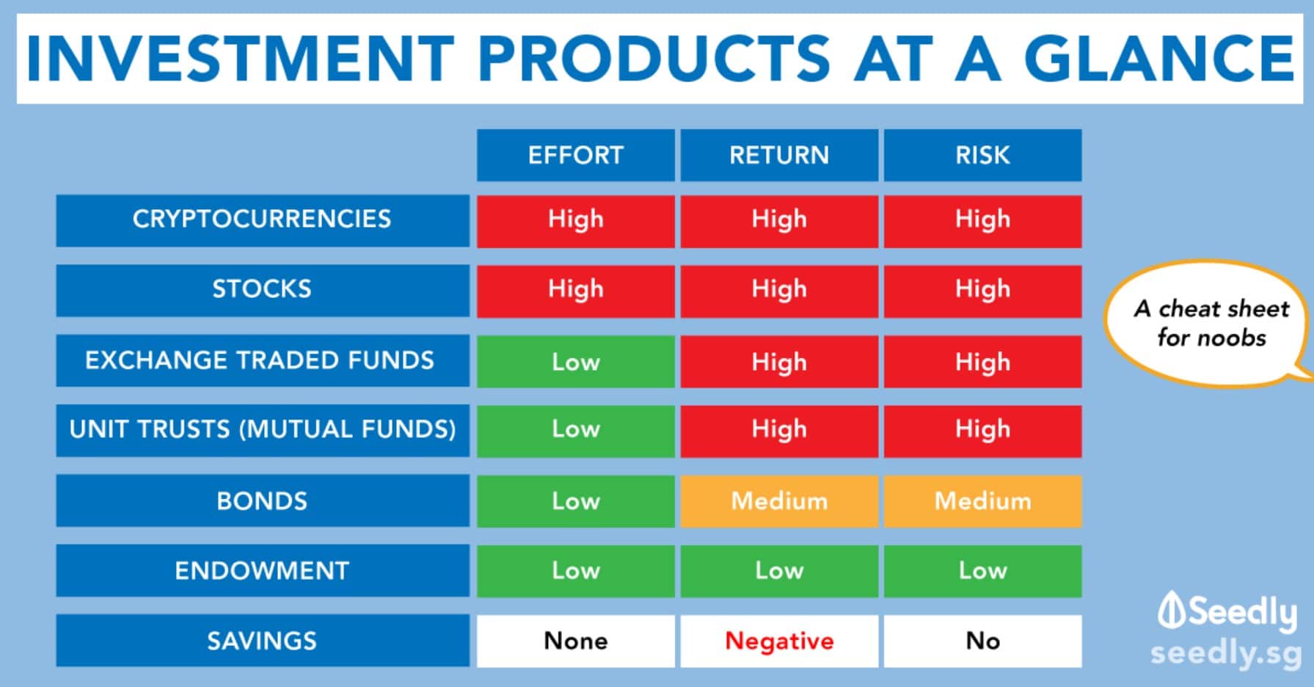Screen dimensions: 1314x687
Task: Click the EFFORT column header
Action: [x=575, y=155]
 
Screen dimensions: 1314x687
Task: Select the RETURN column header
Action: [x=779, y=155]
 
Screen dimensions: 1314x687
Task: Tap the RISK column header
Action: [x=982, y=155]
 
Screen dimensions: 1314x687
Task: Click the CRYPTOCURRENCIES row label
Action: [x=263, y=219]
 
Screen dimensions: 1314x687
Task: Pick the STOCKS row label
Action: [x=263, y=290]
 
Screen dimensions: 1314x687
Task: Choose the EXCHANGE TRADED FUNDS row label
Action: [x=263, y=360]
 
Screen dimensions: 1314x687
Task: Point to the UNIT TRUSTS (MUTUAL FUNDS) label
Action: [x=263, y=429]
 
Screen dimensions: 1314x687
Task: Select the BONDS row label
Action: [x=263, y=501]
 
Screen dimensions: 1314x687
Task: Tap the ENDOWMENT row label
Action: [x=263, y=570]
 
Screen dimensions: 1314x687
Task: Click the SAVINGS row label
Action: [x=263, y=641]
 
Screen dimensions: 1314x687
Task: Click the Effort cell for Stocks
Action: [x=575, y=291]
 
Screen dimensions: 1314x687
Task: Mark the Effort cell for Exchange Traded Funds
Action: [x=575, y=361]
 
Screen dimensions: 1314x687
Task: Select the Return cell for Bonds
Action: [x=779, y=501]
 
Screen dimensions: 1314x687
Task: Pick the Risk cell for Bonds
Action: [x=982, y=501]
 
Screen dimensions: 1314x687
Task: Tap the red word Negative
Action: [x=779, y=641]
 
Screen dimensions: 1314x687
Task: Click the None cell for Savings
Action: [x=575, y=641]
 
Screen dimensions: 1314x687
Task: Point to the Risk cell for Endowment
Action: [x=982, y=571]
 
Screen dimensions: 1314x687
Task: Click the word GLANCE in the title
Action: [x=1159, y=58]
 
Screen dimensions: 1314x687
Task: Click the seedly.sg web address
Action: [x=1226, y=653]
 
